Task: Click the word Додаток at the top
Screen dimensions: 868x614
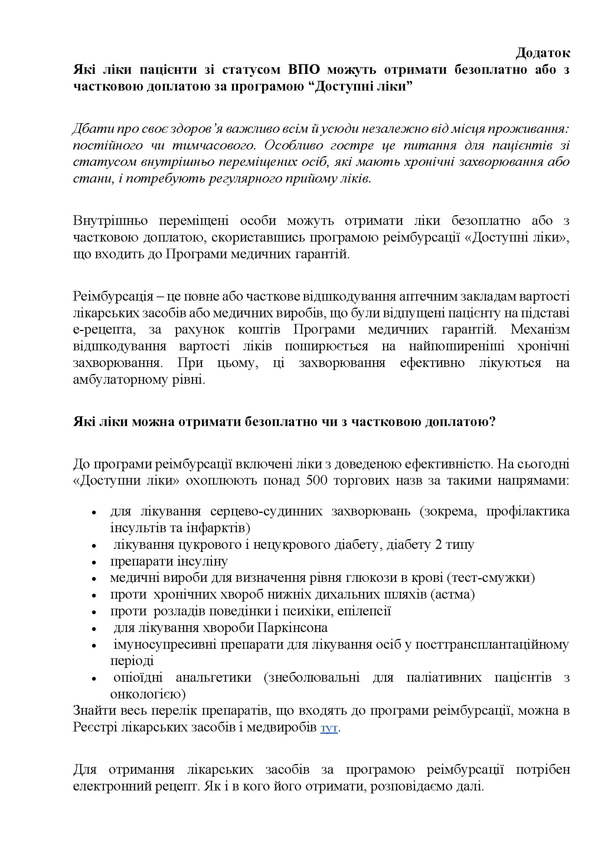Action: click(x=543, y=53)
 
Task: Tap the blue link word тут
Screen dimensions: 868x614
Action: click(x=329, y=728)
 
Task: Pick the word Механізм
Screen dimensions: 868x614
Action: click(x=540, y=329)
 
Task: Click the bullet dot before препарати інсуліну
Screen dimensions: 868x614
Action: click(x=94, y=563)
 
